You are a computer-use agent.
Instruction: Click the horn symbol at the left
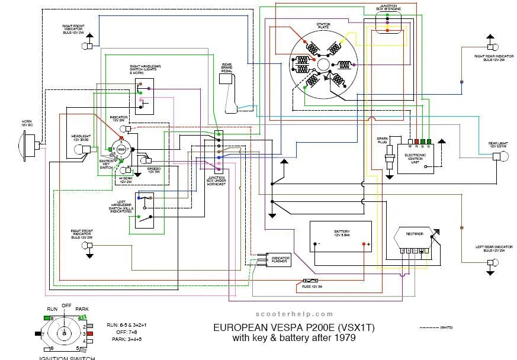pos(28,144)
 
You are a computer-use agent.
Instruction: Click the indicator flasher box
pos(279,259)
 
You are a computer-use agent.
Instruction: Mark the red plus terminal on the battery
pos(367,244)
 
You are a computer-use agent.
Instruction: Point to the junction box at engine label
pos(388,8)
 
